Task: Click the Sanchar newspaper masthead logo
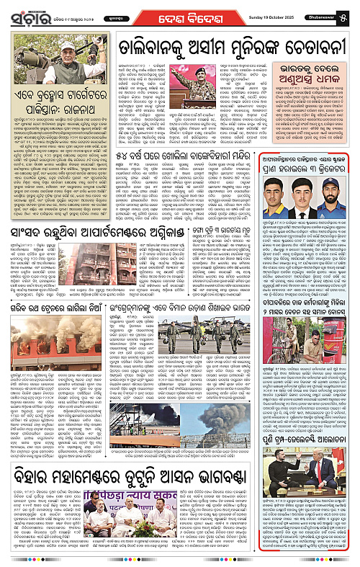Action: (30, 12)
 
